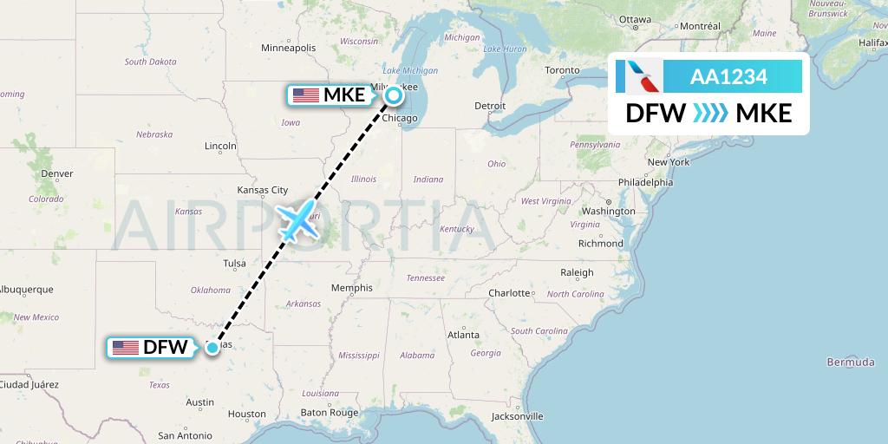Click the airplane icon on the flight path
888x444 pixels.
pyautogui.click(x=297, y=220)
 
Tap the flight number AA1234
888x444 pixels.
pyautogui.click(x=728, y=77)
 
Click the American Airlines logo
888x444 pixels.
pyautogui.click(x=639, y=76)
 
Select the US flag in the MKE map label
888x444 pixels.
pyautogui.click(x=306, y=95)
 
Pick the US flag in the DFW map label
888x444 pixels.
pyautogui.click(x=126, y=348)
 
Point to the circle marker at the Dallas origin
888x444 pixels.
pyautogui.click(x=212, y=348)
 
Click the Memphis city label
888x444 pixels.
pyautogui.click(x=351, y=288)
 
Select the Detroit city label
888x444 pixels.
pyautogui.click(x=490, y=106)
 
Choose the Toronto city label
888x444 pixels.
pyautogui.click(x=562, y=70)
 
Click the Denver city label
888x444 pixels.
pyautogui.click(x=57, y=173)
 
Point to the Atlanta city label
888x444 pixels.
pyautogui.click(x=463, y=335)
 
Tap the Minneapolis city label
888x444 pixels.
pyautogui.click(x=289, y=48)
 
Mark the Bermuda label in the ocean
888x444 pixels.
pyautogui.click(x=851, y=362)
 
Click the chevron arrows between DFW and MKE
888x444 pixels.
pyautogui.click(x=711, y=114)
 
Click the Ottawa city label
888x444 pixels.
pyautogui.click(x=635, y=19)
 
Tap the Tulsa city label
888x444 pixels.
pyautogui.click(x=234, y=264)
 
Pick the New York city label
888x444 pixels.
pyautogui.click(x=668, y=162)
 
